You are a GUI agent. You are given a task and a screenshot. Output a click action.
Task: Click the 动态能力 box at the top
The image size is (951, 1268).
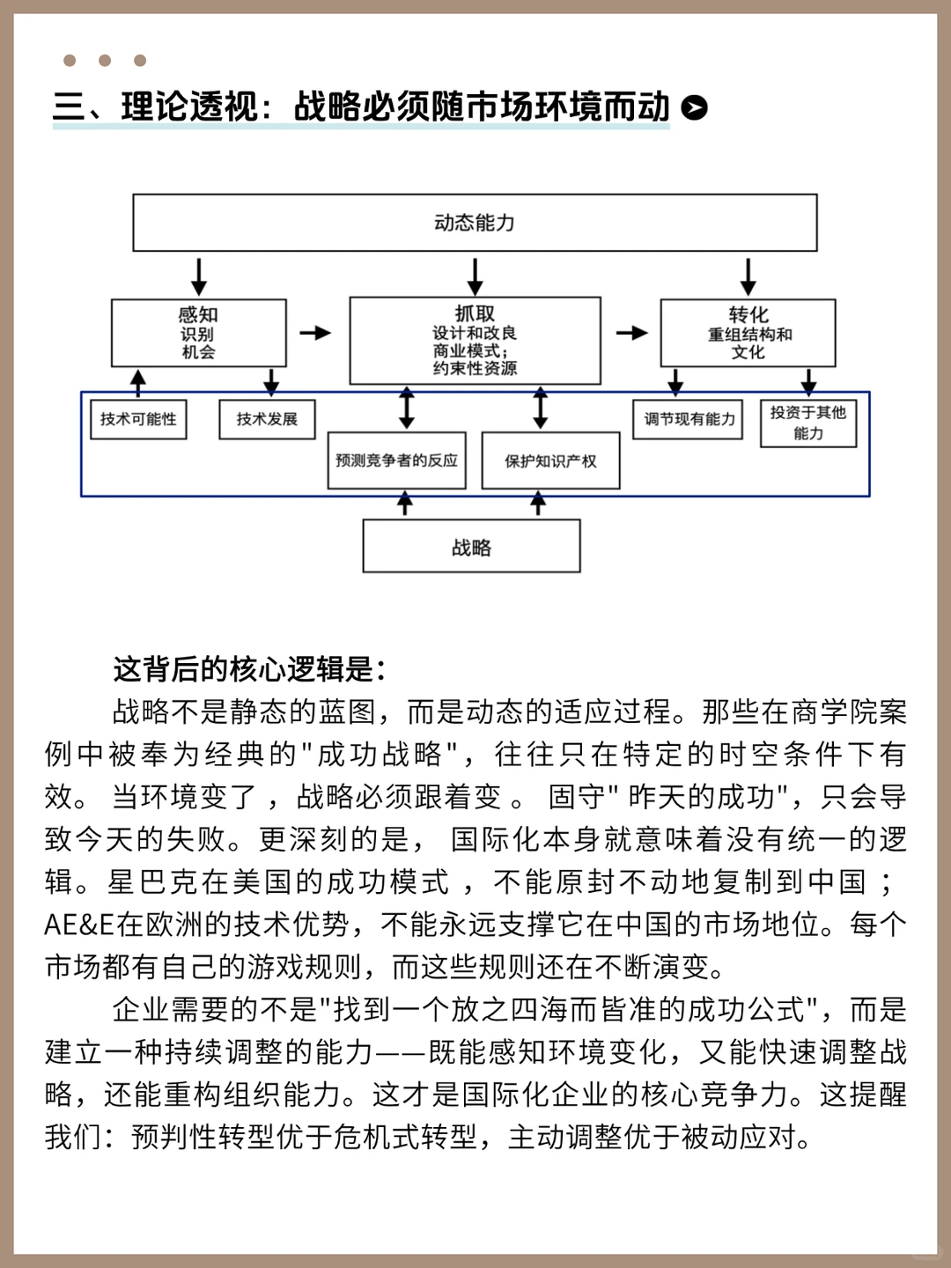[475, 223]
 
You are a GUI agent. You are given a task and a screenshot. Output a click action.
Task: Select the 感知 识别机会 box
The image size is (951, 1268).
[198, 333]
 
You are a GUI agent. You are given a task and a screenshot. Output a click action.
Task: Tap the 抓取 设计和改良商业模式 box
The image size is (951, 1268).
[475, 340]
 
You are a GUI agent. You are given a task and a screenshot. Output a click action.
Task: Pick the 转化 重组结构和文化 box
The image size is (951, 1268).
[748, 333]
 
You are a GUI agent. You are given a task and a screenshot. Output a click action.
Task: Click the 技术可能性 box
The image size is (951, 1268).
[138, 419]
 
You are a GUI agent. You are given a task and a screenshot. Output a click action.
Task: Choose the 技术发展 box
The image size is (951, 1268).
[267, 419]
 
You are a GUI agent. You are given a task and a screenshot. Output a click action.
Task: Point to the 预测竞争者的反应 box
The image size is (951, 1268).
[396, 460]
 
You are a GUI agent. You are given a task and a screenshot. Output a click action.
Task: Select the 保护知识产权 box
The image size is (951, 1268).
[550, 461]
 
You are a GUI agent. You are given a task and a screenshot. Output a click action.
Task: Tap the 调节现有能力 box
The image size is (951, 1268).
[689, 419]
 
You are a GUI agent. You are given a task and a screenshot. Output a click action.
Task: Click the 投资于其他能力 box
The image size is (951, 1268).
[807, 423]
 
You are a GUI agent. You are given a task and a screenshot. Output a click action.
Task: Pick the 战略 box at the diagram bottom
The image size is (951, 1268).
[471, 547]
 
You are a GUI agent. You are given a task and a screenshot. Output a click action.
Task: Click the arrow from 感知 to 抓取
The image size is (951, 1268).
[315, 333]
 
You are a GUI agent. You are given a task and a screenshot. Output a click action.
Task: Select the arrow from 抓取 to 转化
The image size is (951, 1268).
[631, 333]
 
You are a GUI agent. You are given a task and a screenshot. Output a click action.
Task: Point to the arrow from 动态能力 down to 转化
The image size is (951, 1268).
[748, 276]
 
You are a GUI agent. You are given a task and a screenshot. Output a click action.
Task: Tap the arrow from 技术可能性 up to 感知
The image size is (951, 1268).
[138, 381]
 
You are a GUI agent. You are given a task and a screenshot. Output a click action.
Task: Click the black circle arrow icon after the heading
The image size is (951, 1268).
[695, 107]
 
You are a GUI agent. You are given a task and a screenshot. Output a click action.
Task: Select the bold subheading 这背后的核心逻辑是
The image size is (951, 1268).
[249, 669]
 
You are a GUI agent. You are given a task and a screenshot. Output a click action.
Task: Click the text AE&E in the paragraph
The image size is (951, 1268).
[79, 925]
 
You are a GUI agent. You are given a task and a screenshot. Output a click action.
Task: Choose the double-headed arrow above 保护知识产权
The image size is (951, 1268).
[541, 408]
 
